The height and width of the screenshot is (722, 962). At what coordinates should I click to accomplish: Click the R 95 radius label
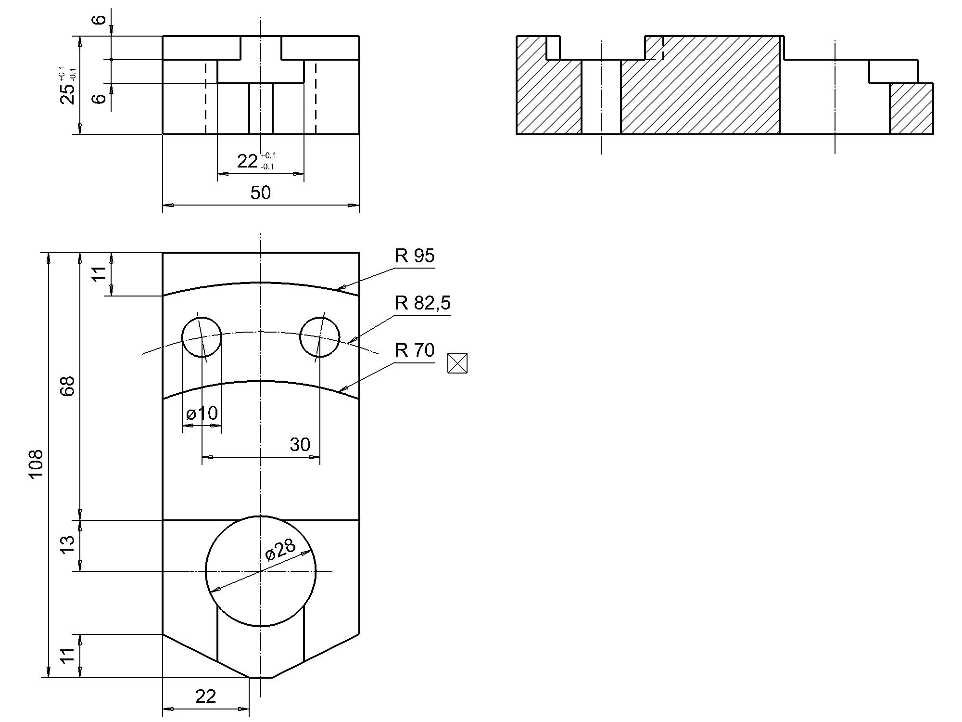(414, 256)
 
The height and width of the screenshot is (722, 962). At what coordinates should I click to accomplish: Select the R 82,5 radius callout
(422, 303)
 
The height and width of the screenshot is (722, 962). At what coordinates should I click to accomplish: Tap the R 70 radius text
(414, 350)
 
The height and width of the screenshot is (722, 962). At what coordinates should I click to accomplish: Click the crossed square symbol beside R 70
(457, 363)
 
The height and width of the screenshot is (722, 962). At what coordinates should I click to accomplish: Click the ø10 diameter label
(202, 413)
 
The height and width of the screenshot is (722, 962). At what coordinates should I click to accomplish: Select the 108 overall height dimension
(37, 464)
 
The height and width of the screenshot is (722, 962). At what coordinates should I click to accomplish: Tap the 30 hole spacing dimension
(300, 444)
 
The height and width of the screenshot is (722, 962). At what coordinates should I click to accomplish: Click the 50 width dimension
(261, 193)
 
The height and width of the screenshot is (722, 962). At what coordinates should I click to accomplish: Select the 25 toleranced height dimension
(68, 87)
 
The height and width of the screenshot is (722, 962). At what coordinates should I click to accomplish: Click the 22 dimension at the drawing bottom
(205, 696)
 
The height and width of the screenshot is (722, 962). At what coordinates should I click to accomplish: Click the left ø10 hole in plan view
(202, 337)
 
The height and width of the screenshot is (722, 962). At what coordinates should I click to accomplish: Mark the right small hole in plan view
(319, 337)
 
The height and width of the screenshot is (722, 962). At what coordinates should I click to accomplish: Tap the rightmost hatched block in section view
(911, 108)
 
